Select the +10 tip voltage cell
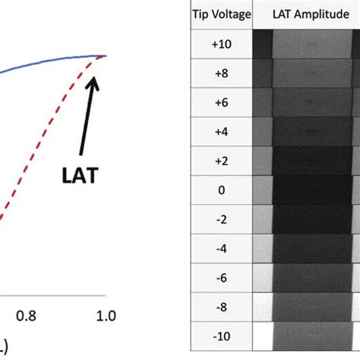click(x=219, y=44)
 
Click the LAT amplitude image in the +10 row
click(x=306, y=44)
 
